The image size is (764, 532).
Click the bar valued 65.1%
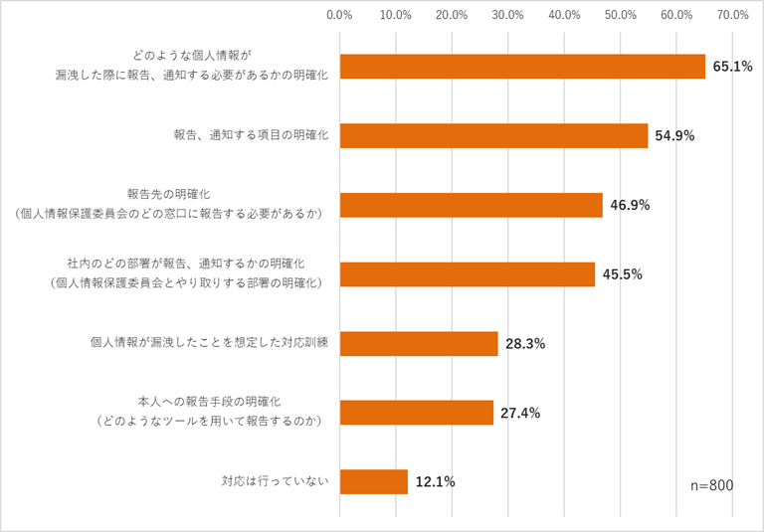pyautogui.click(x=522, y=67)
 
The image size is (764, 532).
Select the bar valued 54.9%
pyautogui.click(x=493, y=135)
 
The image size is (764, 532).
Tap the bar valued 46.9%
pyautogui.click(x=471, y=205)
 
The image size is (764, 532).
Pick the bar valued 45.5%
pyautogui.click(x=467, y=274)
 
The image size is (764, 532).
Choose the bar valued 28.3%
pyautogui.click(x=419, y=343)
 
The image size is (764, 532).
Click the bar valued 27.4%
pyautogui.click(x=416, y=413)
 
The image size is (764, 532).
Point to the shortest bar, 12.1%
pyautogui.click(x=373, y=481)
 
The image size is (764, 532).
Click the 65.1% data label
pyautogui.click(x=732, y=67)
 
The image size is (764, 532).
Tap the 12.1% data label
pyautogui.click(x=435, y=482)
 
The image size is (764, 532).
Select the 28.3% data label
pyautogui.click(x=525, y=344)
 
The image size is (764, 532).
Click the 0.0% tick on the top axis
pyautogui.click(x=339, y=15)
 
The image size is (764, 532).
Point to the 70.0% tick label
pyautogui.click(x=733, y=15)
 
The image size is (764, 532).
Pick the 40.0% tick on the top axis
pyautogui.click(x=564, y=15)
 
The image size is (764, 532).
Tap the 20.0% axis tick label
pyautogui.click(x=452, y=15)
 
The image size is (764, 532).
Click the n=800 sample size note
pyautogui.click(x=711, y=484)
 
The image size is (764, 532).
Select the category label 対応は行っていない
pyautogui.click(x=275, y=482)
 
